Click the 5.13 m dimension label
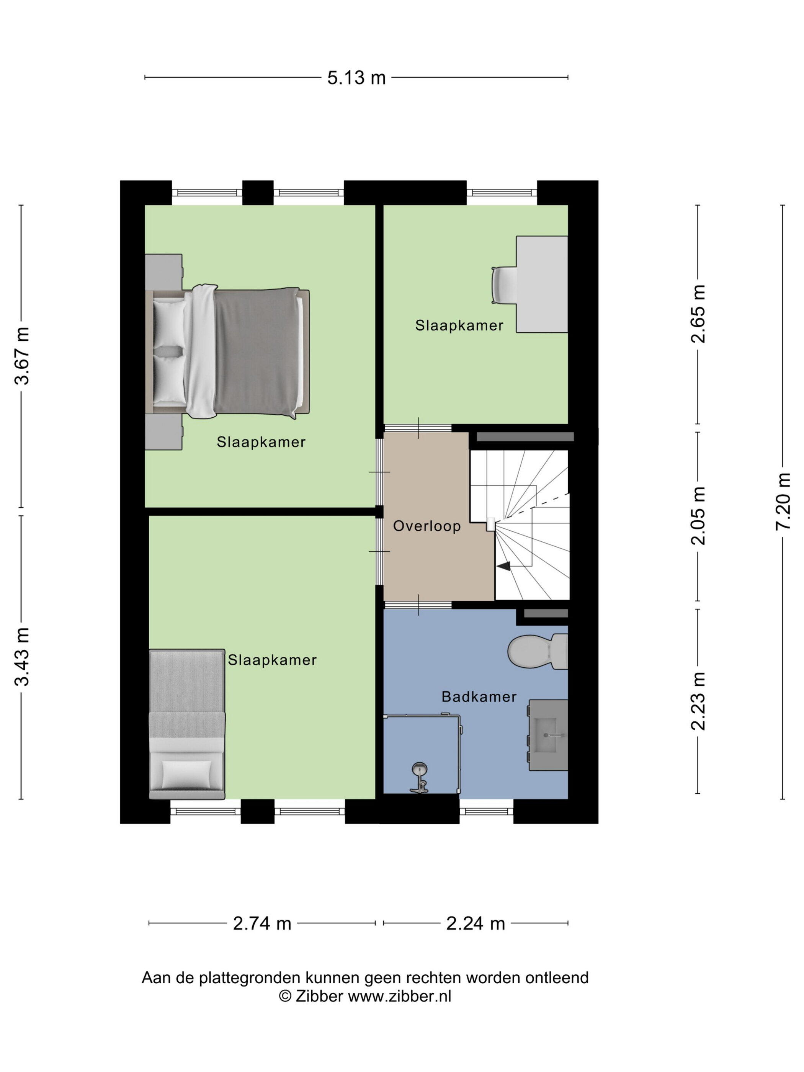tap(356, 78)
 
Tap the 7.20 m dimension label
tap(783, 502)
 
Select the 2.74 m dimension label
tap(262, 923)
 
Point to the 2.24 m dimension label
tap(475, 923)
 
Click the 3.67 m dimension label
tap(22, 356)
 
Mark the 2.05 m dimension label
tap(698, 516)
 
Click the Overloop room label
tap(427, 526)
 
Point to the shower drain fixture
tap(419, 769)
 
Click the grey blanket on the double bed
tap(256, 351)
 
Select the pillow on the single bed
tap(186, 775)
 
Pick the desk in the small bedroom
tap(542, 284)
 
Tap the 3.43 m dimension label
tap(22, 657)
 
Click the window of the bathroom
tap(486, 811)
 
